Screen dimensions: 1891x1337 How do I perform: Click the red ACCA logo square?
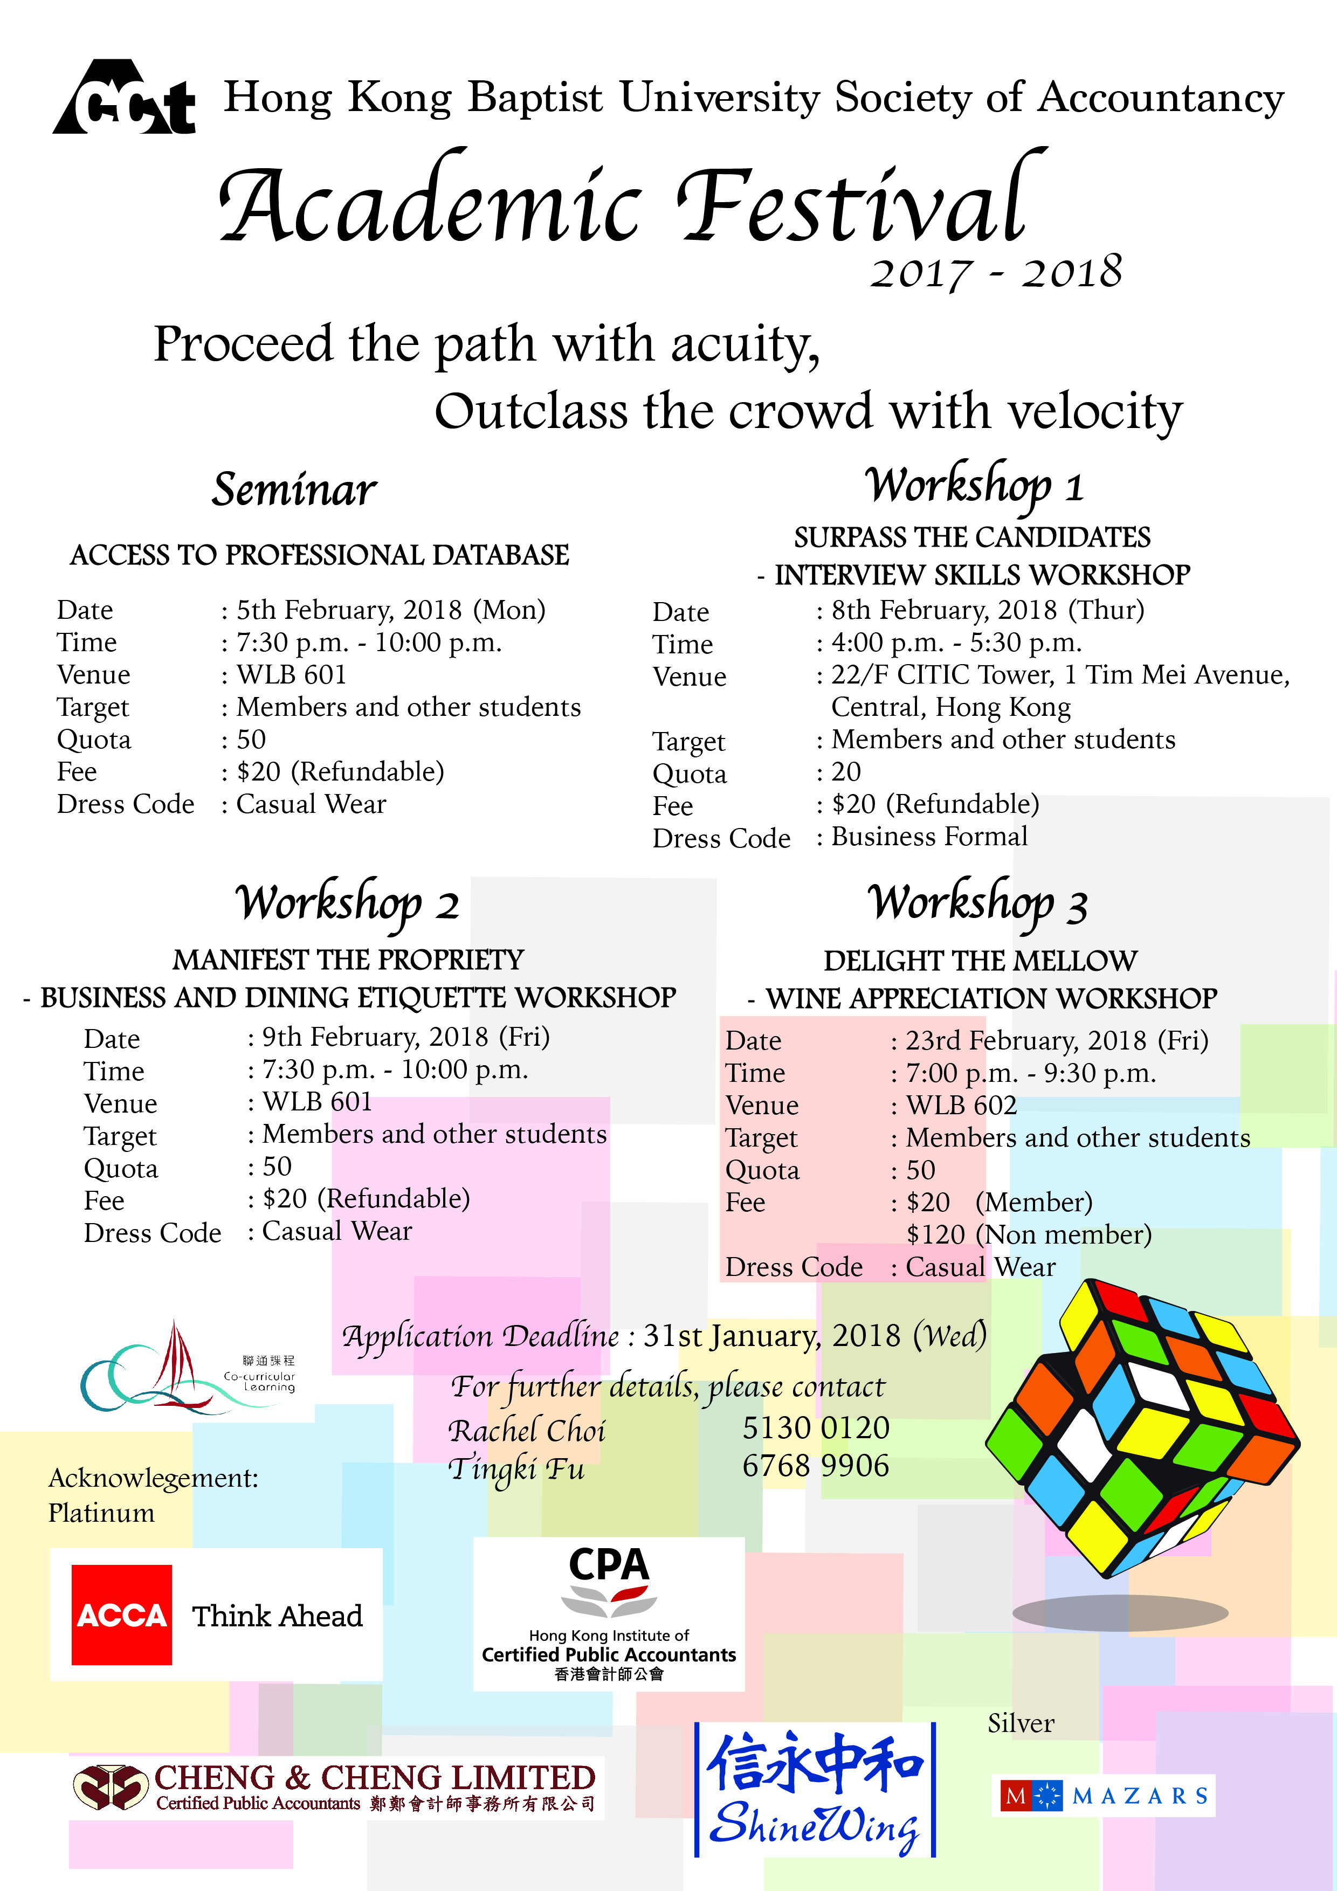tap(122, 1615)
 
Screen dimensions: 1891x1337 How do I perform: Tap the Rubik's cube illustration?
tap(1141, 1430)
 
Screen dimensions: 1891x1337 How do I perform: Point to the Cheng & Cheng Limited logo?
tap(337, 1787)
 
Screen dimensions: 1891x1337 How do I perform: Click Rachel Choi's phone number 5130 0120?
tap(816, 1428)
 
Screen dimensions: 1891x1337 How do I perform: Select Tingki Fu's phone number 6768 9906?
tap(816, 1466)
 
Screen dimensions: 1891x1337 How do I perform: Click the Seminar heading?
tap(294, 490)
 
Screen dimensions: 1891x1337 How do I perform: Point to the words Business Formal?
tap(929, 837)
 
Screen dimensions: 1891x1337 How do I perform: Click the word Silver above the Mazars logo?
tap(1021, 1723)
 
